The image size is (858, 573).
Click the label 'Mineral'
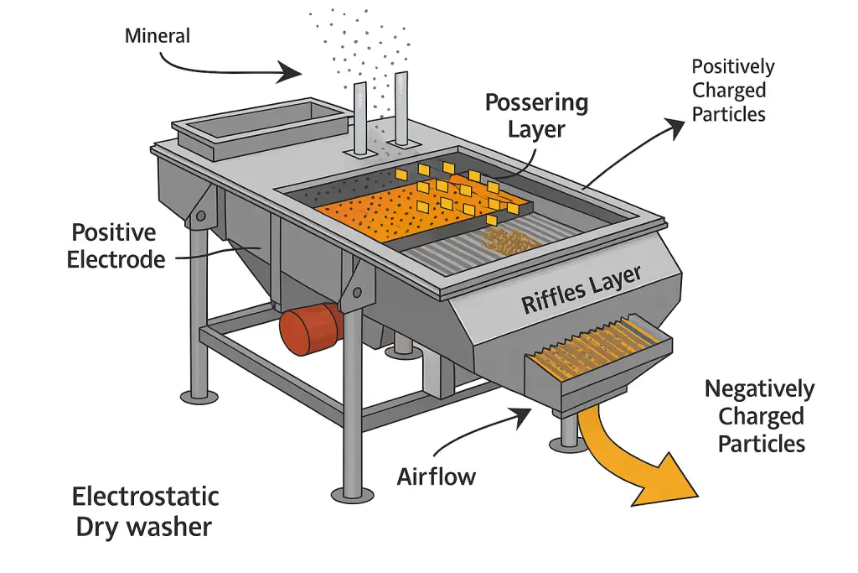coord(158,36)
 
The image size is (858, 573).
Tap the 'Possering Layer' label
coord(536,116)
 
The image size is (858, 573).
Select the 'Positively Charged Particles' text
coord(733,91)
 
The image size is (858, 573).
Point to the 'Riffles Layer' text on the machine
coord(581,289)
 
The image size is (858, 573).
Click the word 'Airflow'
coord(436,477)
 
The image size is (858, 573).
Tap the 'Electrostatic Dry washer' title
coord(145,511)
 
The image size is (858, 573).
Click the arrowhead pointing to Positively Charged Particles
coord(675,126)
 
